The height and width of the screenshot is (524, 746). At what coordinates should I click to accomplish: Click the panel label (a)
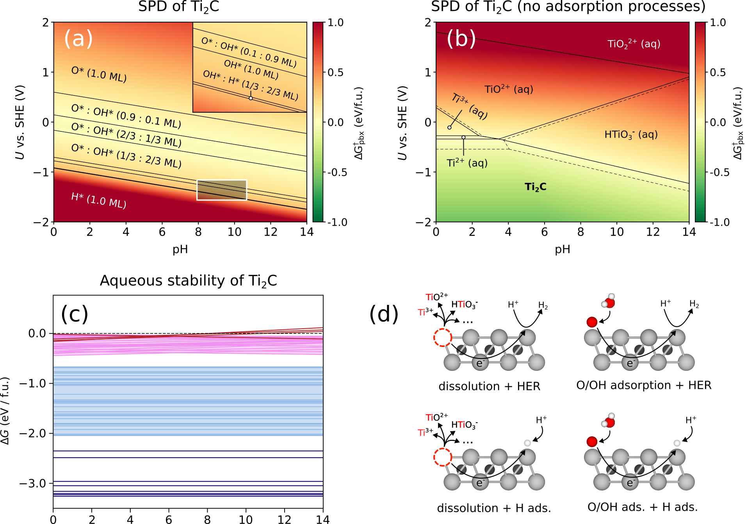(x=78, y=39)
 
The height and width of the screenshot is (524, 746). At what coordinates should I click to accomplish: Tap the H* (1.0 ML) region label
(x=98, y=200)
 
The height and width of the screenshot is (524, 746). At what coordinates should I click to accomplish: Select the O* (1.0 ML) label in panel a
(x=99, y=74)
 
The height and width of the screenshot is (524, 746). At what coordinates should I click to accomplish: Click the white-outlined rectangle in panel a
(x=221, y=190)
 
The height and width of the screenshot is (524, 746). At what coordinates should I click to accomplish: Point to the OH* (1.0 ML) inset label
(x=251, y=69)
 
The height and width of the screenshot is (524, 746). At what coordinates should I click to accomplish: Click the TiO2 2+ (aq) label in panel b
(x=634, y=44)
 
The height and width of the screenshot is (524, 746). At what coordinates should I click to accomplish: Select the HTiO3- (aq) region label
(x=631, y=135)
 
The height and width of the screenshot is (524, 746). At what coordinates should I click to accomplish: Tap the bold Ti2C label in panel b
(x=535, y=187)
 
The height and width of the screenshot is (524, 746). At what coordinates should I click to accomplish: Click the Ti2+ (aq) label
(x=467, y=163)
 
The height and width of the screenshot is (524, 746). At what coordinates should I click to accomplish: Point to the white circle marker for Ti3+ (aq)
(x=449, y=127)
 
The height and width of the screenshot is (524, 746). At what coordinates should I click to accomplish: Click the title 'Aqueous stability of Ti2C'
(x=188, y=281)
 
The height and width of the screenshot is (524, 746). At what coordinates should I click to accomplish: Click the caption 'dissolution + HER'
(x=489, y=386)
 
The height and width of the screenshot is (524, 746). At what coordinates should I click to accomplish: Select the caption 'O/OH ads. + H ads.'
(x=642, y=507)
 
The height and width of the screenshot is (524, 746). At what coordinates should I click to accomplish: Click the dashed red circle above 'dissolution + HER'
(x=443, y=338)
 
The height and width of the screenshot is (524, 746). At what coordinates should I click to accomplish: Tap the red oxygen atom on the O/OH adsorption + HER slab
(x=592, y=322)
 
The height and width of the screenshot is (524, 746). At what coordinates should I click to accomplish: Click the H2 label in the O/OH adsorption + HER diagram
(x=694, y=304)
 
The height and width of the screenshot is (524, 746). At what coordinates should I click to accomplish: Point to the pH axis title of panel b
(x=562, y=250)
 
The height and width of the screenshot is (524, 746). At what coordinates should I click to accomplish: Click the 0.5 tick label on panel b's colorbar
(x=718, y=73)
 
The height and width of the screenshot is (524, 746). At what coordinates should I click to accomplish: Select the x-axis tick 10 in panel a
(x=234, y=232)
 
